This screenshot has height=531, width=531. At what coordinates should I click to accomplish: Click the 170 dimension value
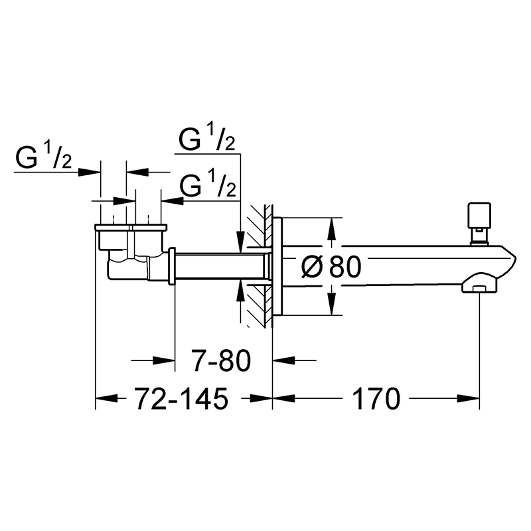pyautogui.click(x=376, y=399)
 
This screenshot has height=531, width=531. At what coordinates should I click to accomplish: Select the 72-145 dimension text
pyautogui.click(x=181, y=399)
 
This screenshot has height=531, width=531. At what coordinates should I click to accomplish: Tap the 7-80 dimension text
pyautogui.click(x=221, y=360)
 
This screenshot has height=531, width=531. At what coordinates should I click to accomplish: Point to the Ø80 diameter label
pyautogui.click(x=331, y=267)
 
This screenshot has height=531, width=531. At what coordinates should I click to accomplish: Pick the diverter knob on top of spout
pyautogui.click(x=479, y=224)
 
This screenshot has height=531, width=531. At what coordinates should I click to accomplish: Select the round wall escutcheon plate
pyautogui.click(x=277, y=267)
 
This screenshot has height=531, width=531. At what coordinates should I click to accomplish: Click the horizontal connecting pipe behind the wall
pyautogui.click(x=220, y=266)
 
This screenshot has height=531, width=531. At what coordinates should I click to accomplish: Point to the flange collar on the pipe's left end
pyautogui.click(x=172, y=266)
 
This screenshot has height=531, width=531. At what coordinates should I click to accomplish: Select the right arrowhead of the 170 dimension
pyautogui.click(x=469, y=399)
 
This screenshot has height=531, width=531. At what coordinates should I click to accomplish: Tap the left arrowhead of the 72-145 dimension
pyautogui.click(x=106, y=399)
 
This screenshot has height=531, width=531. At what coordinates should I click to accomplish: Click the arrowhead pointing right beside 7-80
pyautogui.click(x=164, y=360)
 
